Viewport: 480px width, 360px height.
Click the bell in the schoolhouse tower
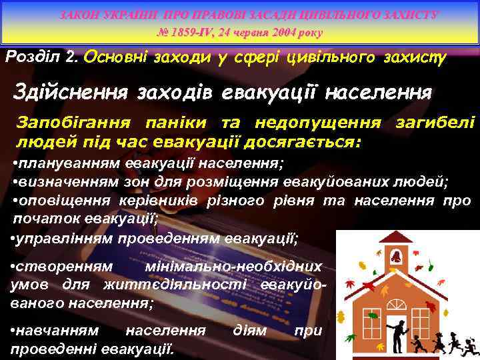[x=396, y=256]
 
